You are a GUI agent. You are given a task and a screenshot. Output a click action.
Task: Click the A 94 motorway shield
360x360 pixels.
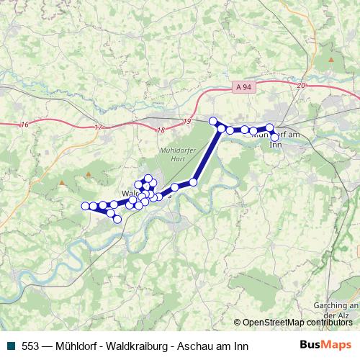tap(244, 87)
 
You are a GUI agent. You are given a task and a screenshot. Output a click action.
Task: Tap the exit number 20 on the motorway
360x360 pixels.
tap(301, 86)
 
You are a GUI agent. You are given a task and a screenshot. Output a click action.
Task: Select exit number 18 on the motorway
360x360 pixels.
tap(160, 130)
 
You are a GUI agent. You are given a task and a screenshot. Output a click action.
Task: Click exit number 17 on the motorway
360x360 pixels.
tap(99, 127)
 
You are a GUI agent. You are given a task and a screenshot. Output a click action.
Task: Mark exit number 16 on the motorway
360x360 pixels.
tap(25, 125)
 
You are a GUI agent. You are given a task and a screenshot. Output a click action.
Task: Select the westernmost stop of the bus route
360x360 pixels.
tap(85, 206)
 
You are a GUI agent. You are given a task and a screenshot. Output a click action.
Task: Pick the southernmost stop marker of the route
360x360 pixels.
tap(117, 220)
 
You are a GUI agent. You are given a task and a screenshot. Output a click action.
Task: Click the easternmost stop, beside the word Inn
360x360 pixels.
tap(274, 137)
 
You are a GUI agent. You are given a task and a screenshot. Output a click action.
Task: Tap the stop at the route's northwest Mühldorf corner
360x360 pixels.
tap(212, 121)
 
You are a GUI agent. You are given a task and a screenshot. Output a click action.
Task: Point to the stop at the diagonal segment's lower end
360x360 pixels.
tap(193, 182)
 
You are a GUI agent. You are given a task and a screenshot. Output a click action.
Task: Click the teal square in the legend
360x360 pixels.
tap(12, 346)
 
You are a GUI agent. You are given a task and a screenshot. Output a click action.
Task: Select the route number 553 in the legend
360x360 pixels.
tap(30, 346)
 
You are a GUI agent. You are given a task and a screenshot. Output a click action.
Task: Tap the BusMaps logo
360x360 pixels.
tap(325, 346)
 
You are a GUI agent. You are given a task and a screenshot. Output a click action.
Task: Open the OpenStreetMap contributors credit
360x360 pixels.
tap(294, 323)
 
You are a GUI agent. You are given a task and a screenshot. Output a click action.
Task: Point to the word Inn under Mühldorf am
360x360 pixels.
tap(274, 145)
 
